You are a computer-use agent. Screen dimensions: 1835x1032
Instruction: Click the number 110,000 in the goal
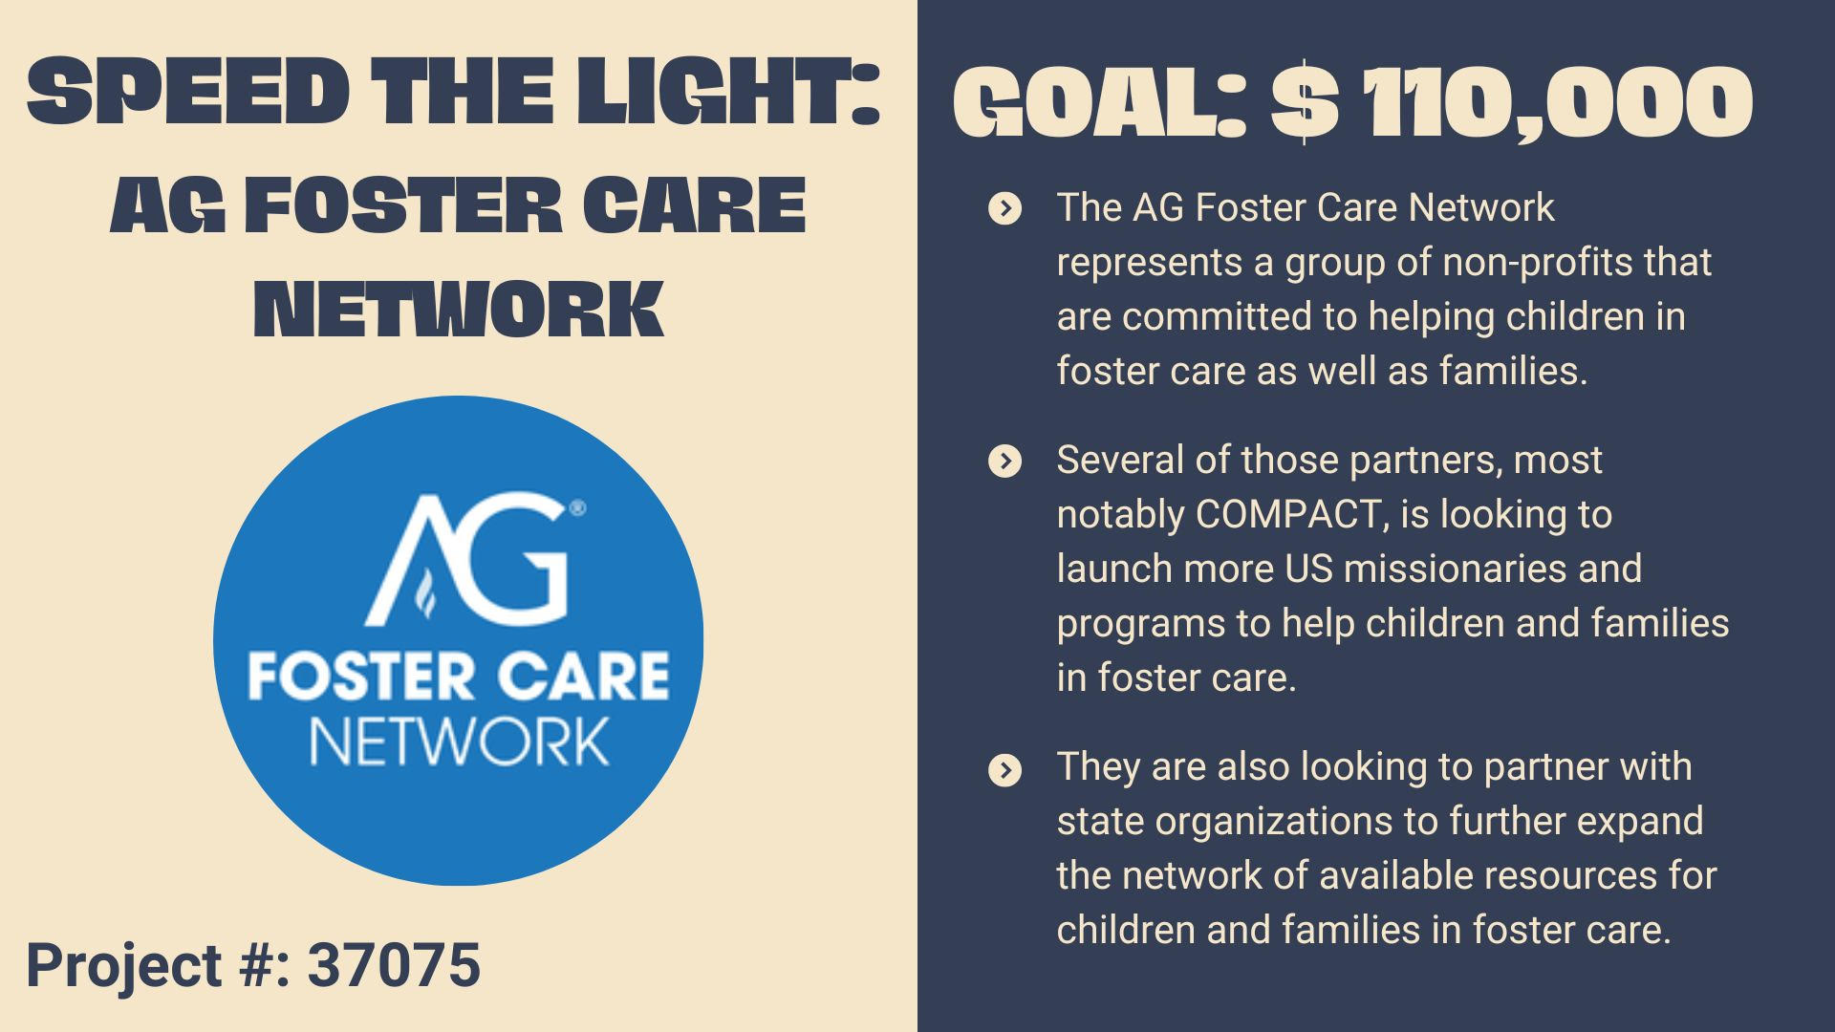pyautogui.click(x=1557, y=103)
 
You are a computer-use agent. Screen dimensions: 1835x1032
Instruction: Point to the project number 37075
pyautogui.click(x=394, y=964)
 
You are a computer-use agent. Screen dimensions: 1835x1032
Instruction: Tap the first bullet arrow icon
pyautogui.click(x=1004, y=208)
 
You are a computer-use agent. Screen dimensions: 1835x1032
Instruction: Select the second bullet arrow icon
pyautogui.click(x=1004, y=462)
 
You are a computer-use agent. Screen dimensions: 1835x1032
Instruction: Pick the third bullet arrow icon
pyautogui.click(x=1004, y=769)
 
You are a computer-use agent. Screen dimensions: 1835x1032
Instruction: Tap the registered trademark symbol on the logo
pyautogui.click(x=577, y=508)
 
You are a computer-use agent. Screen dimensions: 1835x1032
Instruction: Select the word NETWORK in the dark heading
pyautogui.click(x=459, y=309)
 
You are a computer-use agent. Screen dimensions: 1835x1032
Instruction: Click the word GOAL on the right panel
pyautogui.click(x=1100, y=103)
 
